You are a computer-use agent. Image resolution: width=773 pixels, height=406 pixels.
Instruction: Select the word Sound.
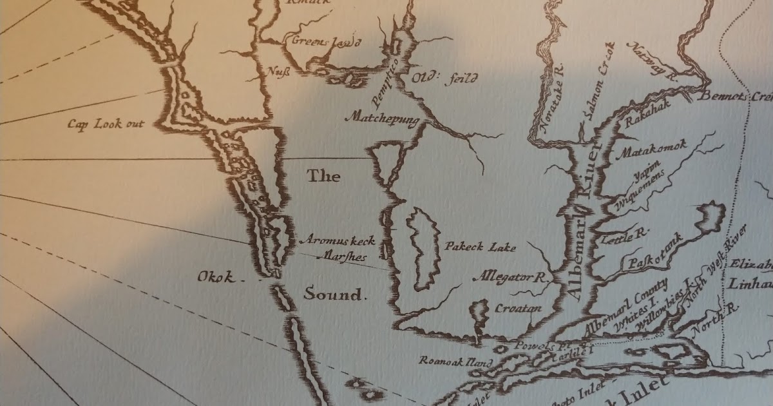[x=334, y=295]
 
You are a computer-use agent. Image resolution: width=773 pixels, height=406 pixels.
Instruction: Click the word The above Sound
[x=323, y=176]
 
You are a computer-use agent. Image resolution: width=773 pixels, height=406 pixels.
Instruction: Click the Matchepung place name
[x=382, y=118]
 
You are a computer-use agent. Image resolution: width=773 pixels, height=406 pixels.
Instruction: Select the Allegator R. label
[x=509, y=278]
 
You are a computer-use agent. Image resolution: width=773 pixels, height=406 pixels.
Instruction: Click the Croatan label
[x=517, y=308]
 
